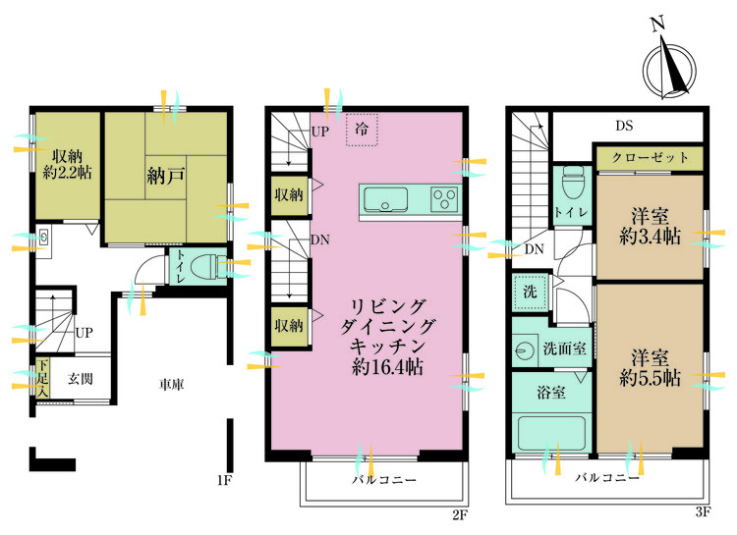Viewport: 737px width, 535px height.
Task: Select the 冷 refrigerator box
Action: (x=362, y=131)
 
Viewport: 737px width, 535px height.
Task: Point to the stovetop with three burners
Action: (x=443, y=199)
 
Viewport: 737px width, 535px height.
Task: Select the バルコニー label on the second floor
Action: (x=384, y=481)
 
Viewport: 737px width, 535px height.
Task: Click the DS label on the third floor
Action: (x=624, y=126)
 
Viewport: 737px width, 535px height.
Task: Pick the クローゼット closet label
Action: (x=649, y=157)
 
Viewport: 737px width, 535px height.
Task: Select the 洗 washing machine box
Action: (x=529, y=293)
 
